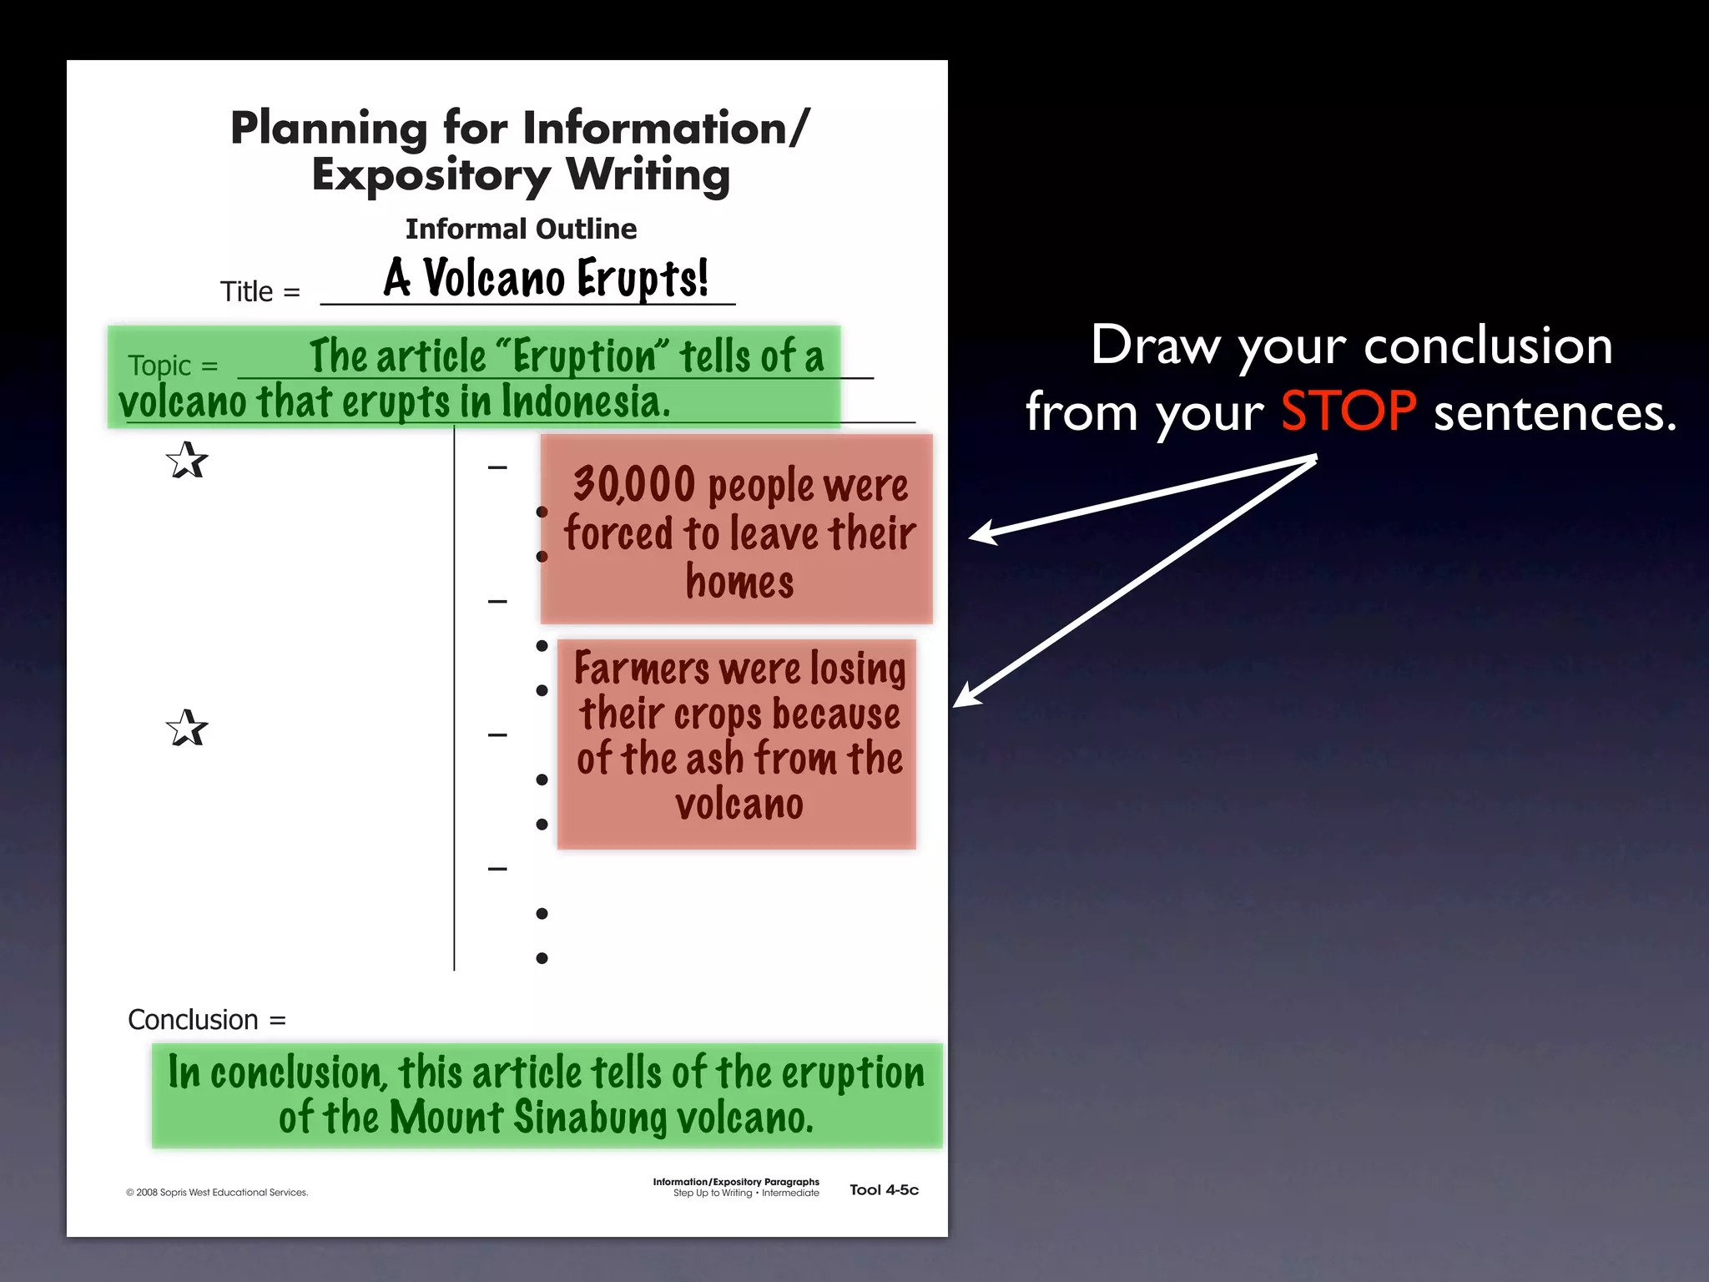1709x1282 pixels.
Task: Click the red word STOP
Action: (x=1348, y=411)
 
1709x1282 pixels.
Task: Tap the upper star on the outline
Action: (x=186, y=461)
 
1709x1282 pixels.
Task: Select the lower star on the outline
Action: (x=186, y=728)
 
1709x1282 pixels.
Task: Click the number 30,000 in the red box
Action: (x=633, y=485)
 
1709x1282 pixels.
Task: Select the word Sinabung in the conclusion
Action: (x=590, y=1118)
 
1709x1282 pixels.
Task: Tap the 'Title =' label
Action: (x=260, y=292)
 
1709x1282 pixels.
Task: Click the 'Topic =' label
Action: (x=173, y=366)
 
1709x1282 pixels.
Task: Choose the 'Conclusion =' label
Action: (x=206, y=1020)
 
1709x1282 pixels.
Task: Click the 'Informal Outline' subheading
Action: (x=521, y=229)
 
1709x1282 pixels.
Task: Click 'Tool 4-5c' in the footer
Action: (x=884, y=1190)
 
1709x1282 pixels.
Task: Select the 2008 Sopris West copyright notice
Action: (x=217, y=1193)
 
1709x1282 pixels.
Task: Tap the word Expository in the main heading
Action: (x=431, y=176)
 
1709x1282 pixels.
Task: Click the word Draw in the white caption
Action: (x=1154, y=345)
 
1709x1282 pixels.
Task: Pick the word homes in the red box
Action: (x=739, y=582)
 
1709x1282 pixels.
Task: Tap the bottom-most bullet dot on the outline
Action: (x=542, y=958)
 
